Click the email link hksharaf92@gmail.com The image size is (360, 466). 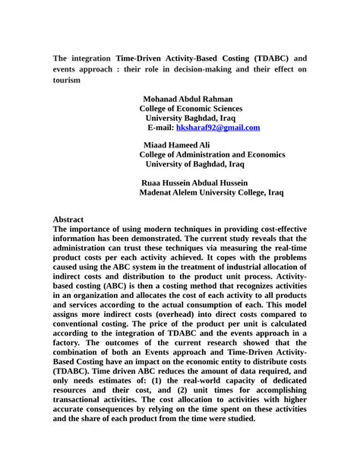coord(218,128)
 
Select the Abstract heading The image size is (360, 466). coord(68,219)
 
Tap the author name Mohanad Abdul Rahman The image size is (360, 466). coord(188,99)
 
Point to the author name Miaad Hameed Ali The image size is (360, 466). coord(176,144)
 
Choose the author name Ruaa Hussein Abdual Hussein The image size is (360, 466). coord(195,183)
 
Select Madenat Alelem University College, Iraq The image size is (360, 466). coord(211,193)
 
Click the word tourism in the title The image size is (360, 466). coord(66,79)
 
